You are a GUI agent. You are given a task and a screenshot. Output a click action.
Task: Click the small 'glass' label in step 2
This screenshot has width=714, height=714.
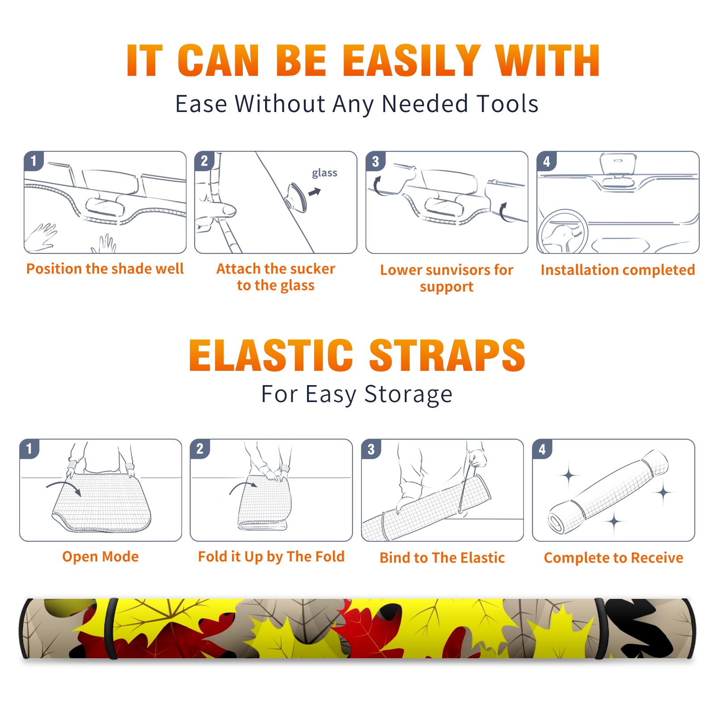pyautogui.click(x=324, y=173)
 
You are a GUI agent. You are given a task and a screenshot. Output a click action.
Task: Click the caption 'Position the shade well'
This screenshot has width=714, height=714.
pyautogui.click(x=105, y=269)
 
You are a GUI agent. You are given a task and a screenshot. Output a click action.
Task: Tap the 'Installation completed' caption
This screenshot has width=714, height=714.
pyautogui.click(x=618, y=270)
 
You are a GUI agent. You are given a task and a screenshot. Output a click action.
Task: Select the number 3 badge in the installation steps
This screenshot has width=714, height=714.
pyautogui.click(x=375, y=161)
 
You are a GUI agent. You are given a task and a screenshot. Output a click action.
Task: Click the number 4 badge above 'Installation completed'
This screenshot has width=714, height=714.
pyautogui.click(x=547, y=161)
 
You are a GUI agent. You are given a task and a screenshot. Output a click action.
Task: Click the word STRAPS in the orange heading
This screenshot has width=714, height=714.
pyautogui.click(x=447, y=355)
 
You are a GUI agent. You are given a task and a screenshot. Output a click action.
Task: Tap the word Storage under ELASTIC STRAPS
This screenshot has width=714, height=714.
pyautogui.click(x=408, y=394)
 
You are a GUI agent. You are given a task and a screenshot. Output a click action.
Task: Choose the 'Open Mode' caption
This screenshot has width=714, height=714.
pyautogui.click(x=100, y=556)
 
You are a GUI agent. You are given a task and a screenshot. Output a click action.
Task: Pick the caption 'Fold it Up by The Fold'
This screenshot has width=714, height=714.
pyautogui.click(x=271, y=556)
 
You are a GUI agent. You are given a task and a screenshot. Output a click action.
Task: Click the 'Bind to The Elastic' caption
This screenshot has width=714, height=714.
pyautogui.click(x=442, y=558)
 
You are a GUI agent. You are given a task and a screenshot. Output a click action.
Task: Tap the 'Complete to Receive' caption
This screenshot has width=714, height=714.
pyautogui.click(x=614, y=558)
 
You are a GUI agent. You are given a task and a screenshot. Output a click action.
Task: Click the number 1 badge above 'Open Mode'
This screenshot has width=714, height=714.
pyautogui.click(x=29, y=448)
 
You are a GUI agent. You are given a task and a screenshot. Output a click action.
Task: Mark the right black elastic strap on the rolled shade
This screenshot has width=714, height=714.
pyautogui.click(x=600, y=629)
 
